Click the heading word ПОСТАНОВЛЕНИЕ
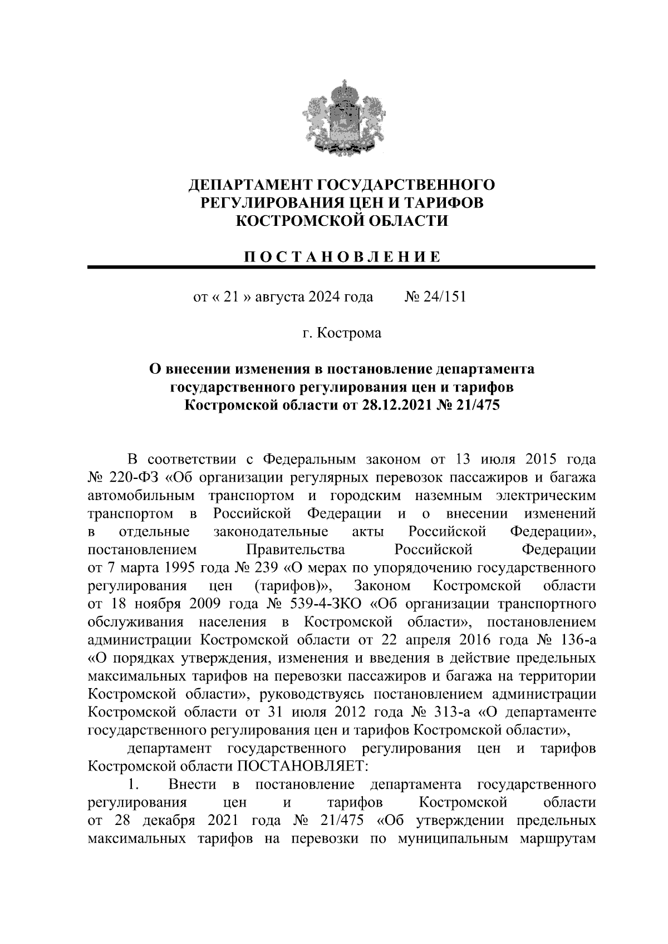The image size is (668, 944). pos(341,256)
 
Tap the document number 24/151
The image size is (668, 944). pos(443,296)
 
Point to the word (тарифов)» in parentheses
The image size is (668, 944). pos(293,586)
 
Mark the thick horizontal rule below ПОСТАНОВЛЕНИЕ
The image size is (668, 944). pos(341,268)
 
